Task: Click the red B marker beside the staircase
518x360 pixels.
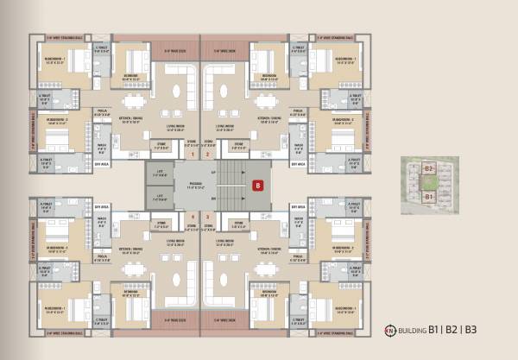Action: [x=256, y=184]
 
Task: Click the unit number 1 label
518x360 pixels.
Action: [x=193, y=155]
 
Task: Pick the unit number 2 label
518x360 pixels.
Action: [x=208, y=155]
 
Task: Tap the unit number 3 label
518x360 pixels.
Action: [x=208, y=216]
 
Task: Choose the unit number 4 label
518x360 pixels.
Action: [x=193, y=216]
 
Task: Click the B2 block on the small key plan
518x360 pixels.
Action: [x=429, y=169]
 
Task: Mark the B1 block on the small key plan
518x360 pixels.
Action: [x=429, y=198]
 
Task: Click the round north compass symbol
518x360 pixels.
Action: [x=389, y=329]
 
